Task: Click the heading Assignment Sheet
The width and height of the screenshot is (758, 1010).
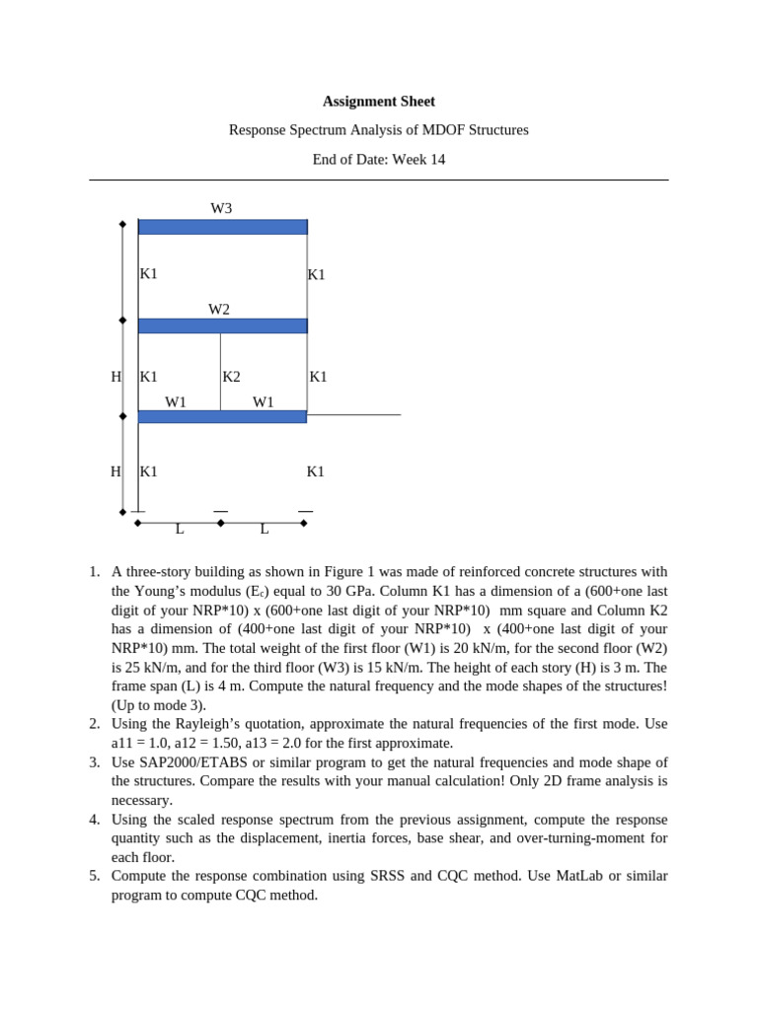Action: (379, 102)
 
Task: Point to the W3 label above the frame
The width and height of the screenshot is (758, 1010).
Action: (221, 208)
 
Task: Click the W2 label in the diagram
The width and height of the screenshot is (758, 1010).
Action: (219, 310)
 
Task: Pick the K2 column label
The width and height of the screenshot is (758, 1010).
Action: (231, 377)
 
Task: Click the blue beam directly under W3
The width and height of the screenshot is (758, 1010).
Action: (223, 227)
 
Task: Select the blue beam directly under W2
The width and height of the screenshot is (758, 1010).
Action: (223, 325)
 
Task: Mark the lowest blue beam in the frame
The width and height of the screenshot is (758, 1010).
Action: (223, 416)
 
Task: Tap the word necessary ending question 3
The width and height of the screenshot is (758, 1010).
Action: (141, 800)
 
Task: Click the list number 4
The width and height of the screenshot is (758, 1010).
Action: (94, 820)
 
